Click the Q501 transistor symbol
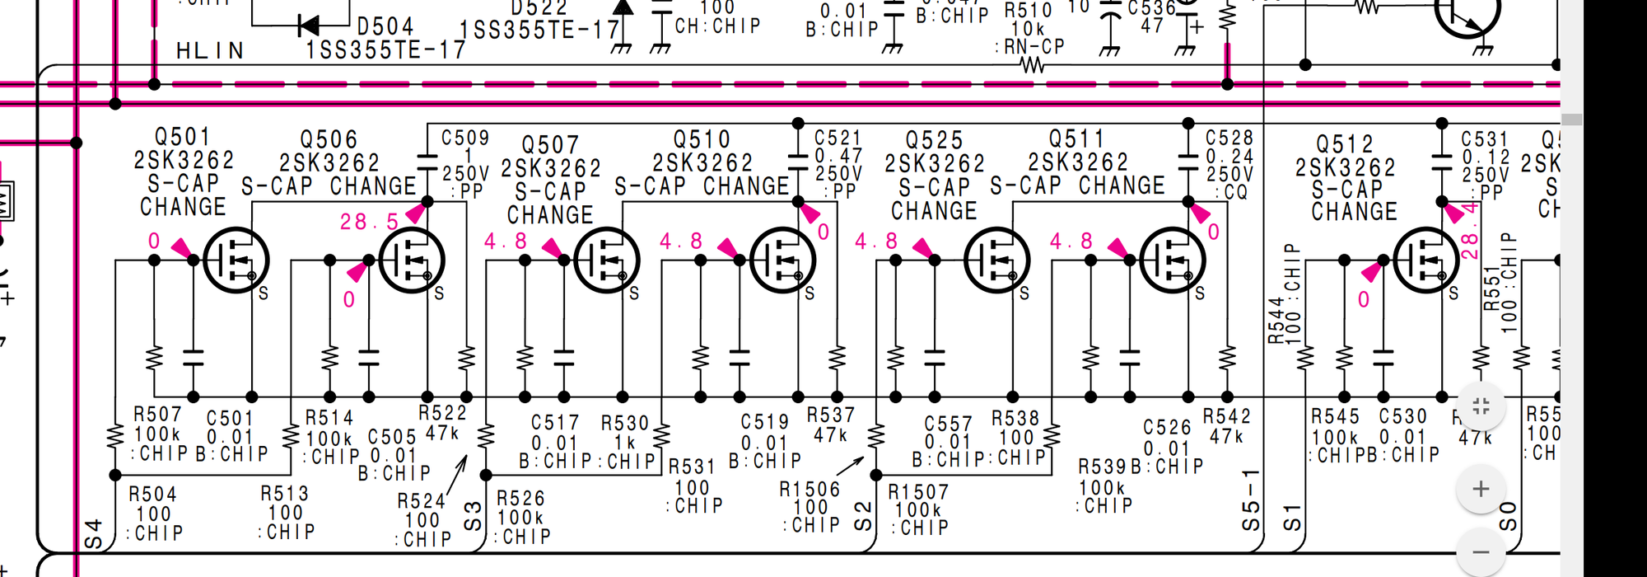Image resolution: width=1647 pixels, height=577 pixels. coord(236,260)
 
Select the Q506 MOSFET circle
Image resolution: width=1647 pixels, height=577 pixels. coord(411,260)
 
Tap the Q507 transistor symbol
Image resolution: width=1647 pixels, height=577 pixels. coord(606,260)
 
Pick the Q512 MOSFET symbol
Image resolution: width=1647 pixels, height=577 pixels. coord(1426,260)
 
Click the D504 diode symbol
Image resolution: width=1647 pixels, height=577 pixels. coord(309,26)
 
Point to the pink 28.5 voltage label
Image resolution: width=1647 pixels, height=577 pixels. coord(369,222)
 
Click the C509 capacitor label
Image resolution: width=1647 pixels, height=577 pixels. coord(465,138)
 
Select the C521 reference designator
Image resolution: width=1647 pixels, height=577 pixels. coord(837,138)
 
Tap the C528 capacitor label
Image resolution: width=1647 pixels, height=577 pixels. coord(1229,138)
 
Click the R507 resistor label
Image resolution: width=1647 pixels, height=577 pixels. coord(157,414)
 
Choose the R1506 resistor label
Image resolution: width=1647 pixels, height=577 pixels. coord(810,490)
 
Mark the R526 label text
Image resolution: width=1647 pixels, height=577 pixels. coord(520,499)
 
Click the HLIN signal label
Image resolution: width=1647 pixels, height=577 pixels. coord(210,51)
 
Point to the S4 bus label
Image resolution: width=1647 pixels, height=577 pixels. coord(93,534)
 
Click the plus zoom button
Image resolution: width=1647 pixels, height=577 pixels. coord(1481,489)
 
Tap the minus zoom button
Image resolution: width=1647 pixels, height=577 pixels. coord(1481,551)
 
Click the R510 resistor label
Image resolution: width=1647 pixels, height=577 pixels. coord(1028,11)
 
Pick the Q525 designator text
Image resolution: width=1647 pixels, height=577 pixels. coord(934,140)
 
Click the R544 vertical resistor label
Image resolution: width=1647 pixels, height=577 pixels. coord(1275,320)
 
